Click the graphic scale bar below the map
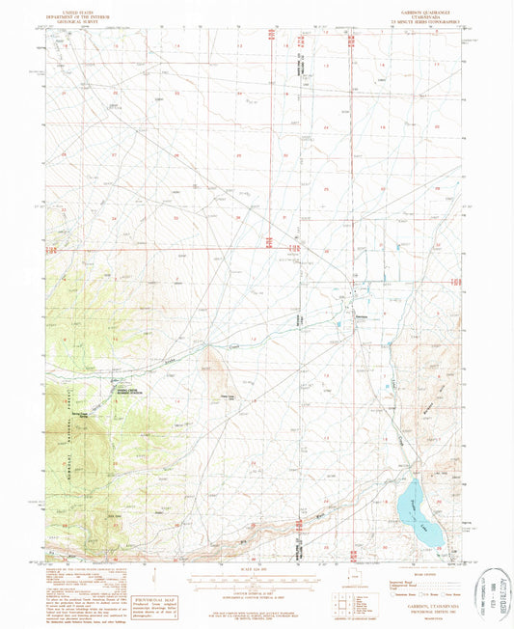[x=257, y=581]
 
